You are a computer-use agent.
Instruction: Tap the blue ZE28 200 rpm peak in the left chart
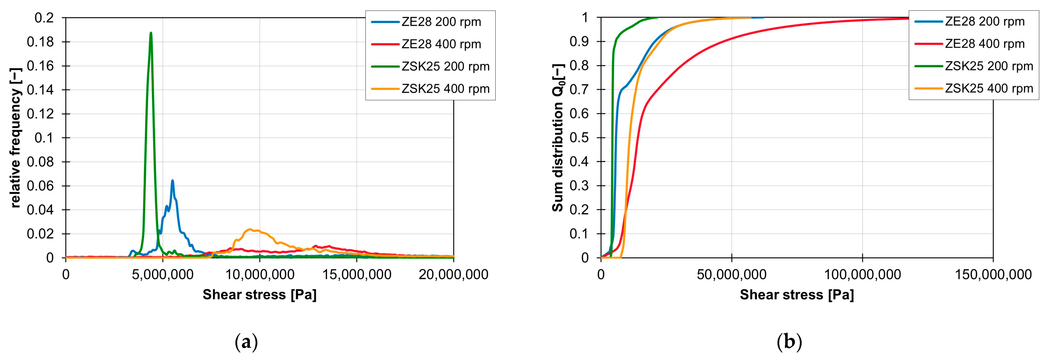(172, 181)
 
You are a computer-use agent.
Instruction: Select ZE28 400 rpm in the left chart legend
(441, 44)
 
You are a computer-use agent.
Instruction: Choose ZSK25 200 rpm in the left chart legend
(445, 66)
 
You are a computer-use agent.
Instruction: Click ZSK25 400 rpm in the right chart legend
(989, 88)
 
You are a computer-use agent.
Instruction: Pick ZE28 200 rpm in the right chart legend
(984, 22)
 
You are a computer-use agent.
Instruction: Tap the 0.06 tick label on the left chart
(40, 186)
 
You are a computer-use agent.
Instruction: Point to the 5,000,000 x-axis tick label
(163, 275)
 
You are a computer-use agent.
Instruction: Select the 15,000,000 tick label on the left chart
(357, 275)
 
